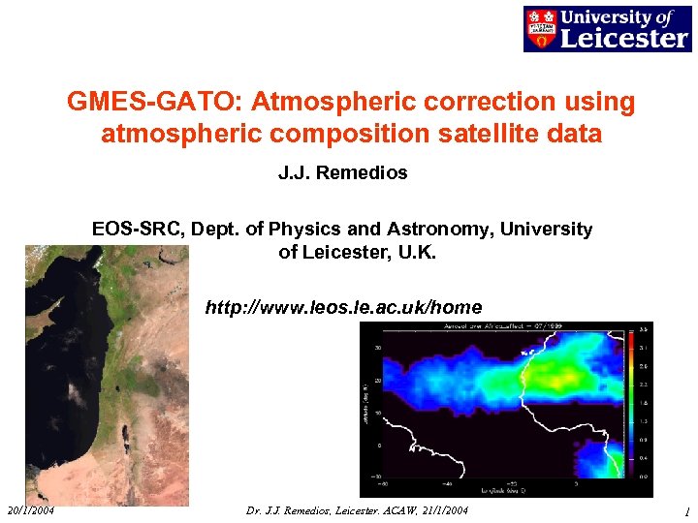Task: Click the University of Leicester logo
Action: tap(606, 28)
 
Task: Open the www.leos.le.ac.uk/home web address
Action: tap(343, 308)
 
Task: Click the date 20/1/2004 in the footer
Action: tap(31, 510)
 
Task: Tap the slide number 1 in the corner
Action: tap(685, 511)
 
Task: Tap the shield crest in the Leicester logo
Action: tap(540, 28)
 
